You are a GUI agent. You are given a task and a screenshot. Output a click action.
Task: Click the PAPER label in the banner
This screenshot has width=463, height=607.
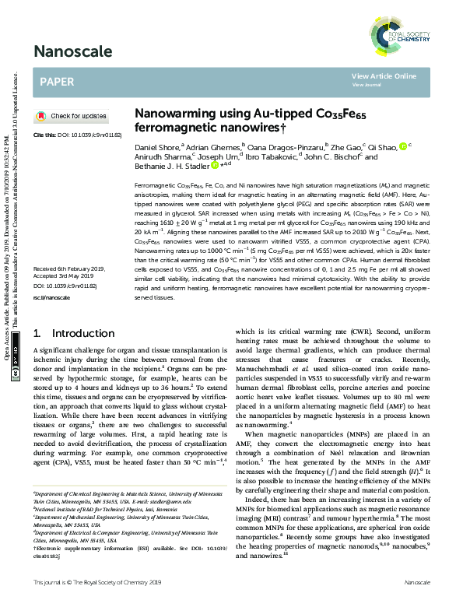57,81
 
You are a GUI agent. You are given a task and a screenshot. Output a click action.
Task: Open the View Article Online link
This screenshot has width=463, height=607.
384,76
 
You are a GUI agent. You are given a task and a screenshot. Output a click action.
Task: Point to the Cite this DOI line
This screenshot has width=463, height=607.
77,135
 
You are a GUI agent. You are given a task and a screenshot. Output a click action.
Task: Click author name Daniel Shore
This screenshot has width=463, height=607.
156,146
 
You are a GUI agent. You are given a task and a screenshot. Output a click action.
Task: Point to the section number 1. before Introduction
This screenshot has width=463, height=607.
37,334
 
